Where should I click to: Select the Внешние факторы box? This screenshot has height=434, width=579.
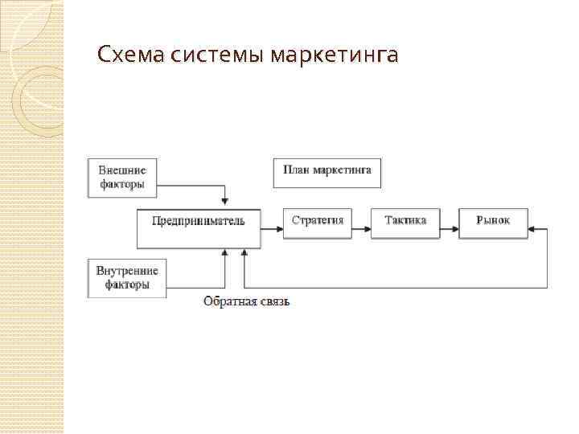(122, 178)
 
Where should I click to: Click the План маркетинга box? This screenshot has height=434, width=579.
(326, 173)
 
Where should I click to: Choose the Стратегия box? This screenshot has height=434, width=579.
(317, 223)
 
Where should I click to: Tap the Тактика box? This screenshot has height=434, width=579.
(405, 223)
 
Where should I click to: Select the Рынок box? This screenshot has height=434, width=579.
(493, 223)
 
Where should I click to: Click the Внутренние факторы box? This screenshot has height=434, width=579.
(127, 277)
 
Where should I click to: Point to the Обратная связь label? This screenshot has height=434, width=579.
(246, 301)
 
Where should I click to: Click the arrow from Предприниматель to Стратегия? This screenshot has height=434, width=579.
(272, 230)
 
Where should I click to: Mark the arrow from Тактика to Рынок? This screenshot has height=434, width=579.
(449, 230)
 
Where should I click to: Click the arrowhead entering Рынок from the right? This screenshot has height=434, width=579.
(533, 230)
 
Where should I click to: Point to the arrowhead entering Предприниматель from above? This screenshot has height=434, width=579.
(226, 202)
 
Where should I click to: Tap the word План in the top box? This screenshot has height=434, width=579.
(295, 171)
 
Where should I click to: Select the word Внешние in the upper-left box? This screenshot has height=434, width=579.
(122, 170)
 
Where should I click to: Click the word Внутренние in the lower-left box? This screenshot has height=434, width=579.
(127, 270)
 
